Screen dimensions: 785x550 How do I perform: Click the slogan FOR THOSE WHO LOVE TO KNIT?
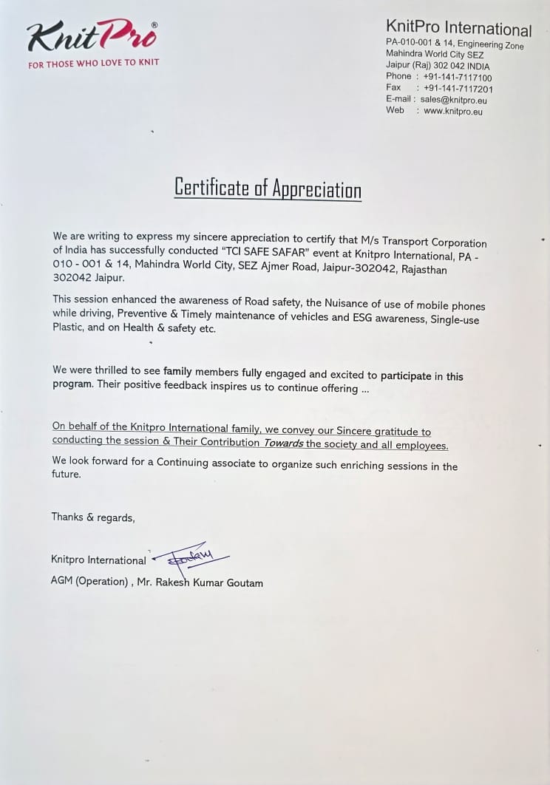[93, 64]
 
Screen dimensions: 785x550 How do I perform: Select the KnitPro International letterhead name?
[458, 30]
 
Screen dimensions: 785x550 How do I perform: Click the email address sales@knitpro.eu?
[453, 100]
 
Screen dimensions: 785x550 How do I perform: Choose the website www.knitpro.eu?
[452, 111]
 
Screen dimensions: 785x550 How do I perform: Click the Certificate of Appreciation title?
[268, 188]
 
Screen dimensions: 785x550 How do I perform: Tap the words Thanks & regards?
[93, 517]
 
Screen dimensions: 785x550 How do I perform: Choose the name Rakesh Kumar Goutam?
[208, 582]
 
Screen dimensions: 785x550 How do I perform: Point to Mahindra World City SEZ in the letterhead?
[434, 54]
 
